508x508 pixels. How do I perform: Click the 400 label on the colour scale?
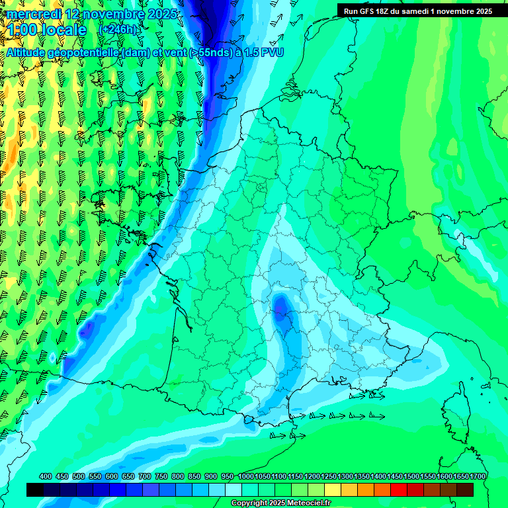pos(46,476)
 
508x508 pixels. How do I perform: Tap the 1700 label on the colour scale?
pos(478,476)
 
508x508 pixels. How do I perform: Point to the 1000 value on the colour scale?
pos(246,476)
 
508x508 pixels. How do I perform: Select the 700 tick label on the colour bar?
pos(145,476)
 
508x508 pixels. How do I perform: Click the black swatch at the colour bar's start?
pos(35,489)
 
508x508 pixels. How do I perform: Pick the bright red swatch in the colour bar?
pos(399,489)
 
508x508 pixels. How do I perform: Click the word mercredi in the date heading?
pos(34,14)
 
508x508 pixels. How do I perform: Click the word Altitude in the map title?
pos(29,52)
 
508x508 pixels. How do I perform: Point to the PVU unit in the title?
pos(271,52)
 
